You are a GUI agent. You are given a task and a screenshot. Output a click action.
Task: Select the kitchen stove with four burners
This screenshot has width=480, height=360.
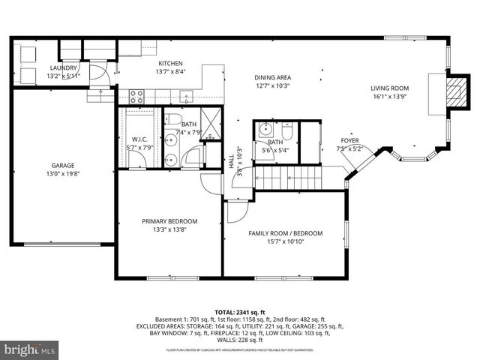tap(137, 95)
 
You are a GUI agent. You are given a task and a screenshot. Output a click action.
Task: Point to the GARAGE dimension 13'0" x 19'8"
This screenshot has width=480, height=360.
tap(63, 173)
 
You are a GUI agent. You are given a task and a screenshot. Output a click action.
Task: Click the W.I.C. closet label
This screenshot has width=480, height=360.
tap(139, 139)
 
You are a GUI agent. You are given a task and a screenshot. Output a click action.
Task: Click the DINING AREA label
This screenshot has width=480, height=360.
tap(272, 77)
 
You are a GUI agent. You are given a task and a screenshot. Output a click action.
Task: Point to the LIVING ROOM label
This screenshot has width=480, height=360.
tap(389, 88)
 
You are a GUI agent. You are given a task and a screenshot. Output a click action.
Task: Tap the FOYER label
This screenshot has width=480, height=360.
tap(349, 141)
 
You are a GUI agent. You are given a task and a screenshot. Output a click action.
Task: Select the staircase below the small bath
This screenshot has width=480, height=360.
tap(289, 178)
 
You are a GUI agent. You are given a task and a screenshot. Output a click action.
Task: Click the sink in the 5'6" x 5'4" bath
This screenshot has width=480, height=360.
tap(264, 128)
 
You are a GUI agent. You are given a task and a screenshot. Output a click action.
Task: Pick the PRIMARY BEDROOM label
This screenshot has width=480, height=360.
tap(170, 221)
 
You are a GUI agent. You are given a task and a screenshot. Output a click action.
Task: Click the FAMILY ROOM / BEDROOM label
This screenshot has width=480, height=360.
tap(285, 233)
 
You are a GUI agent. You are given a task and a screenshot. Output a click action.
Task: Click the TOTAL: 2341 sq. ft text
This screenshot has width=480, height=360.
tap(240, 312)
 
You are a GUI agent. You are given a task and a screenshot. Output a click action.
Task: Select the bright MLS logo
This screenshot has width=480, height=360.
tap(30, 349)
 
